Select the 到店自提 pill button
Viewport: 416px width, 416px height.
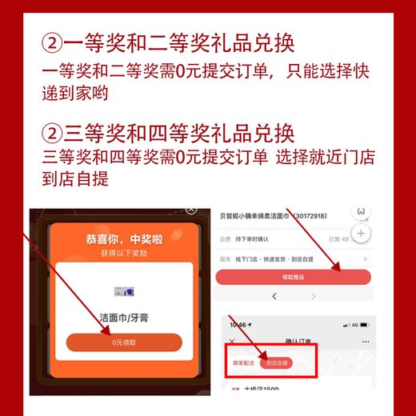[x=275, y=362]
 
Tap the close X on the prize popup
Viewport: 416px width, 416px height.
[x=190, y=210]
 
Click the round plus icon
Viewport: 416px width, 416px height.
[x=362, y=234]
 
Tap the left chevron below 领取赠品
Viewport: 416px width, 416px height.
[x=274, y=297]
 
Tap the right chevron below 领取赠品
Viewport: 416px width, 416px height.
[x=314, y=297]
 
